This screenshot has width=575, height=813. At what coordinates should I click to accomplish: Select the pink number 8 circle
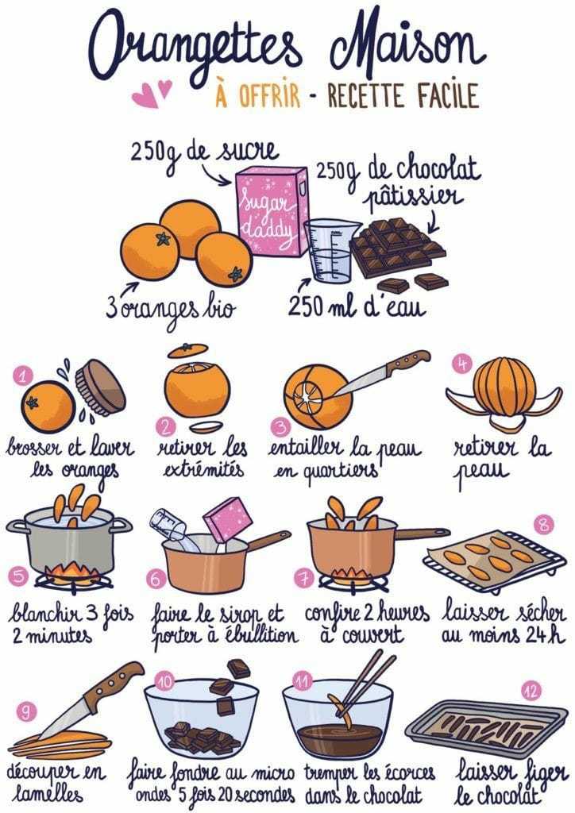(542, 524)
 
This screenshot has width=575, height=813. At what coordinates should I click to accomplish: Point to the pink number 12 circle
(532, 690)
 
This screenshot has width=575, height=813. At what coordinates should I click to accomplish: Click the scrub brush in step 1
(99, 387)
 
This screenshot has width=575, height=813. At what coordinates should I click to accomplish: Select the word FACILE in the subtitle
(446, 95)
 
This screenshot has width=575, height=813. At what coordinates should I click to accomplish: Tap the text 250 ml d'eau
(357, 306)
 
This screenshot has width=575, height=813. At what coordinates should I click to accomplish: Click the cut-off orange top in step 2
(187, 349)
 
